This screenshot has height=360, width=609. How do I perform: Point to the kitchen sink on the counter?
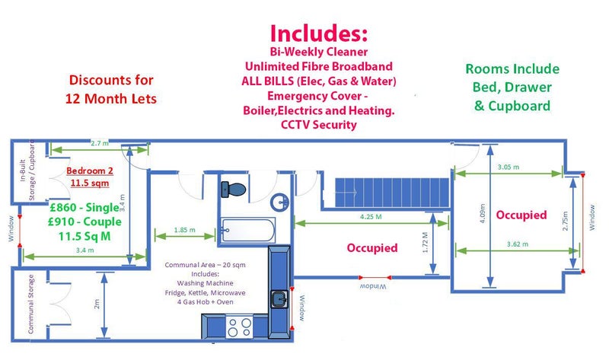point(280,298)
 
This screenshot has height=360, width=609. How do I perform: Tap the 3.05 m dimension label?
point(508,167)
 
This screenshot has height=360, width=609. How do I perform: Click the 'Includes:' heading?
point(318,33)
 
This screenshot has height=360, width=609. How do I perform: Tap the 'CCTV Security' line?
point(318,124)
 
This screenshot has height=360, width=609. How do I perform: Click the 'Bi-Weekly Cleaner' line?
point(318,51)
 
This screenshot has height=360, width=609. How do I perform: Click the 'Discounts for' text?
point(111,79)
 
